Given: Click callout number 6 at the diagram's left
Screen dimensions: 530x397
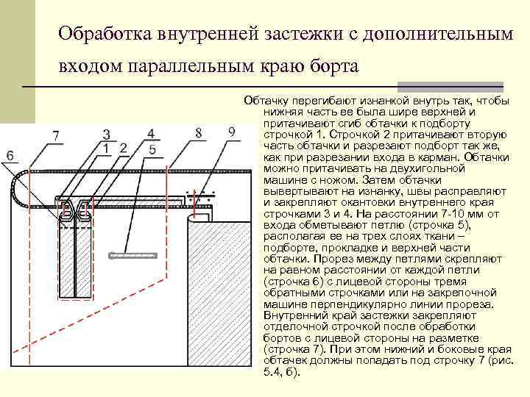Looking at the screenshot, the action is [x=10, y=155].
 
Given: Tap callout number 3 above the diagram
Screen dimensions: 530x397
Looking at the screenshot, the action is [x=107, y=135].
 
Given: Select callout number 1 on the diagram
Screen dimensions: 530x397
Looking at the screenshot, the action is [x=107, y=148].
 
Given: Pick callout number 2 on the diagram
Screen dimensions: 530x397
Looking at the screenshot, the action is [x=123, y=148].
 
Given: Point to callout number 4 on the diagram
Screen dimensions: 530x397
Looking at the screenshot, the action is [x=151, y=134].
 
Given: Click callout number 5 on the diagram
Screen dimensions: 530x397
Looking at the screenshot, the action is [x=152, y=149].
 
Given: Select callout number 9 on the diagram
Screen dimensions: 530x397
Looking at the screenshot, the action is [x=232, y=132].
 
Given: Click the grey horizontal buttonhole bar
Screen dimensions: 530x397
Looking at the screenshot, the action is [x=141, y=255].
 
